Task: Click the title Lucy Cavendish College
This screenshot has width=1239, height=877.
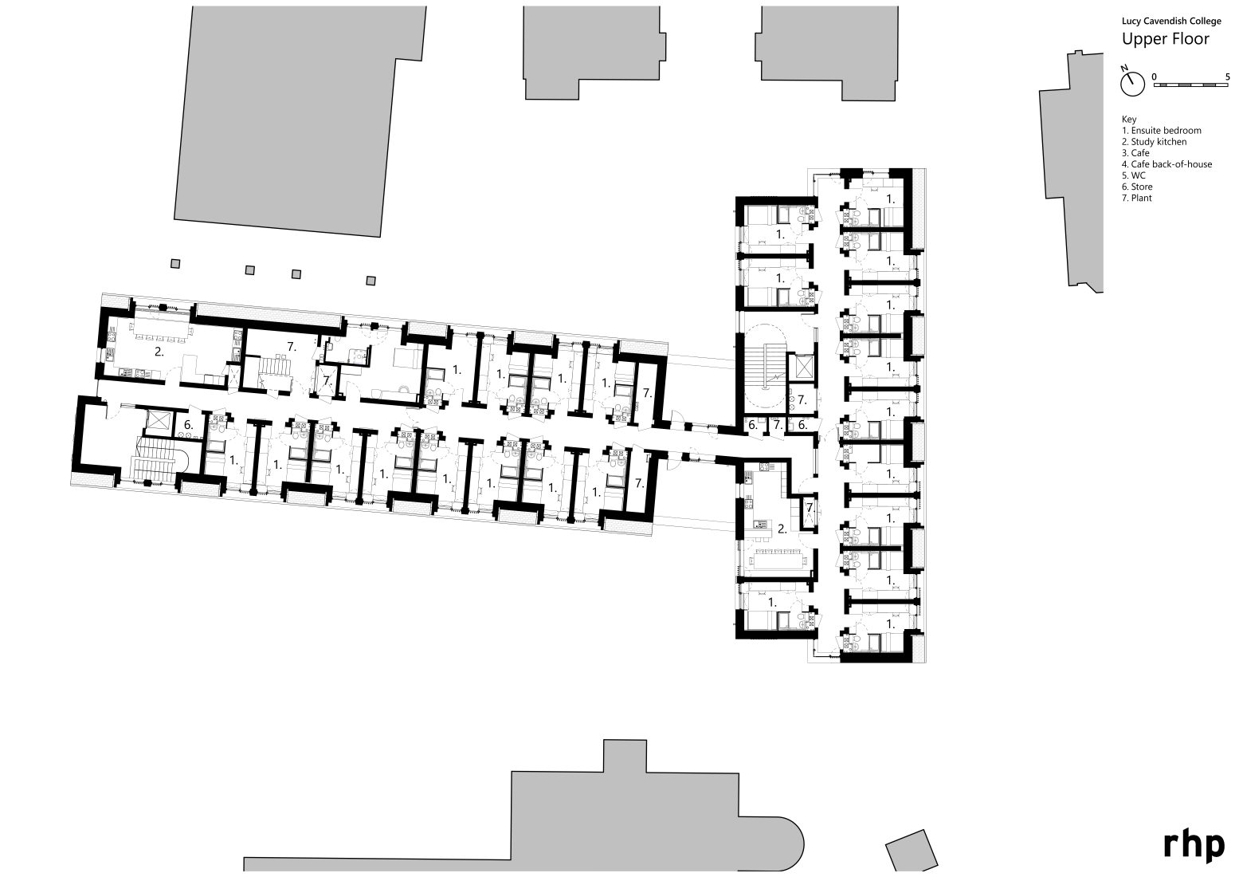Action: coord(1170,22)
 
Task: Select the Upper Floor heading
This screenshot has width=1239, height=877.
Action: coord(1165,39)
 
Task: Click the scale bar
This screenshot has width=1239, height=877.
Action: coord(1192,85)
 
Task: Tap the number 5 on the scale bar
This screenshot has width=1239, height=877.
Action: coord(1228,77)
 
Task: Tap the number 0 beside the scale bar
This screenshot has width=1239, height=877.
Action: coord(1154,77)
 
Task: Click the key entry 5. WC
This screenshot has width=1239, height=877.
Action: coord(1134,175)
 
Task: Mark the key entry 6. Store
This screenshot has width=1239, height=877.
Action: coord(1137,187)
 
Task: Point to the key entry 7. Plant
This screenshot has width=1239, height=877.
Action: coord(1137,198)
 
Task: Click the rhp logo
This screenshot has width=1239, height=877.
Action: coord(1194,845)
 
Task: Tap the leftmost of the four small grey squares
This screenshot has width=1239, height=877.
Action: coord(176,264)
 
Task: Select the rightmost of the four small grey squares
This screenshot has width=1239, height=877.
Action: coord(370,280)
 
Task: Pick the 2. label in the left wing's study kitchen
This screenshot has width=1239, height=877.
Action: coord(159,352)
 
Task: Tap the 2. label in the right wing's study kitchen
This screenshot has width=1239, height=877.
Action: coord(782,528)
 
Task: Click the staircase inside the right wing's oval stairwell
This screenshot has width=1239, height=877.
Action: coord(771,365)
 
